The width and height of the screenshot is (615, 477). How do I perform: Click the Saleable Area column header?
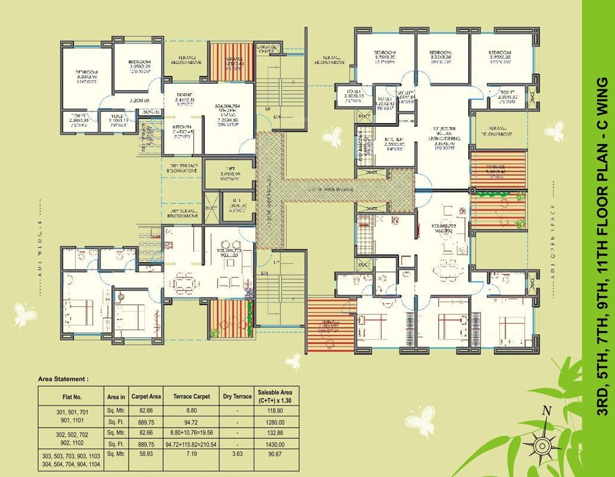(x=274, y=396)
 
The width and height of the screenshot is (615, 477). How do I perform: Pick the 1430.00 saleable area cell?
(x=274, y=444)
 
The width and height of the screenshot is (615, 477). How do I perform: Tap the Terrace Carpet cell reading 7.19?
(x=198, y=455)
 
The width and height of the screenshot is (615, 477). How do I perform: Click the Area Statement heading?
(x=63, y=378)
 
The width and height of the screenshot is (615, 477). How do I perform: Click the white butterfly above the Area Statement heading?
(x=25, y=315)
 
